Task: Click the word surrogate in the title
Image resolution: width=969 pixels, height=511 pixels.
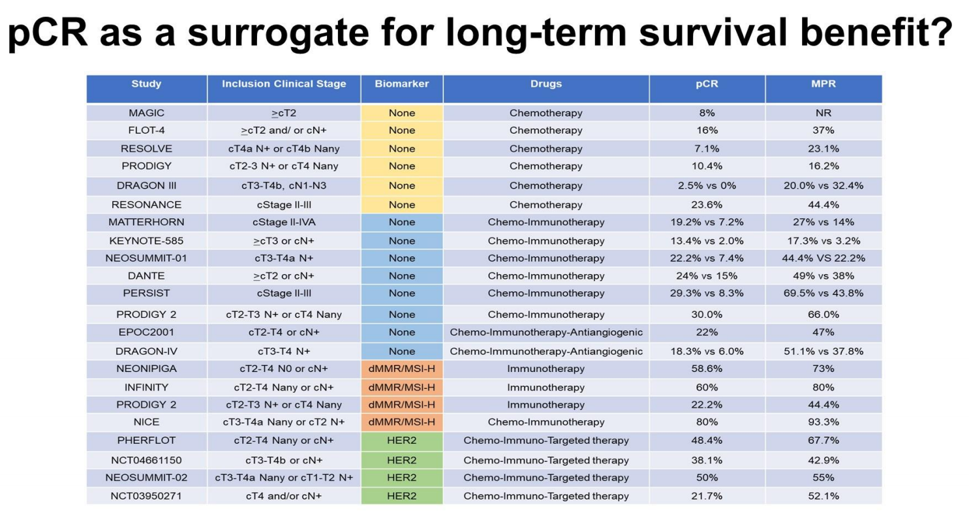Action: tap(278, 34)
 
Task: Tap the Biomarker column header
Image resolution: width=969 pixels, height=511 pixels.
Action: tap(402, 84)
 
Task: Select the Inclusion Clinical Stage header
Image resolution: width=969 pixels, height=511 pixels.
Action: tap(284, 84)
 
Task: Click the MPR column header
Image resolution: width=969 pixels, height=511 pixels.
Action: tap(823, 84)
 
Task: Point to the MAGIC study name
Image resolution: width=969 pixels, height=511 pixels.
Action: tap(146, 113)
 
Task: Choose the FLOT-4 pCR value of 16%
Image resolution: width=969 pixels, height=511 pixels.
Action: tap(707, 131)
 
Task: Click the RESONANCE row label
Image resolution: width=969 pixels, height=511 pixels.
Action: tap(146, 205)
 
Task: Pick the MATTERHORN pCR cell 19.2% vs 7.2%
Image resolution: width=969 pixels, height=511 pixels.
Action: tap(707, 222)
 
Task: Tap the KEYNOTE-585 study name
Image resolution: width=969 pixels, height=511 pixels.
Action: tap(146, 241)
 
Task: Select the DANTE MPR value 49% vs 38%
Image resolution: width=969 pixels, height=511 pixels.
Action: tap(823, 275)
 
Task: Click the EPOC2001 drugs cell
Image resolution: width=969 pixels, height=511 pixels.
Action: tap(546, 332)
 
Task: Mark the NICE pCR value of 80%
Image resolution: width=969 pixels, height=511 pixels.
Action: tap(707, 422)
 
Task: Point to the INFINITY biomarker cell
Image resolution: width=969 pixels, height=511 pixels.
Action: tap(402, 387)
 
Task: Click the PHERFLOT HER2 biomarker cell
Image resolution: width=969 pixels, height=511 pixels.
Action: tap(402, 441)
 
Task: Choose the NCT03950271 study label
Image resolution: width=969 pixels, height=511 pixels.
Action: tap(146, 496)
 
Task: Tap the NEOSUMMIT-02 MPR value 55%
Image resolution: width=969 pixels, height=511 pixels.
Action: tap(823, 478)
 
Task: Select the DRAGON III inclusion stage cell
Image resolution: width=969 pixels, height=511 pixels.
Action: tap(284, 185)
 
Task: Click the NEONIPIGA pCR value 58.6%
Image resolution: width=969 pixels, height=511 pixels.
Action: tap(707, 369)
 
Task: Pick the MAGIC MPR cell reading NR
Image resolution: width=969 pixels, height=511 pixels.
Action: tap(823, 113)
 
